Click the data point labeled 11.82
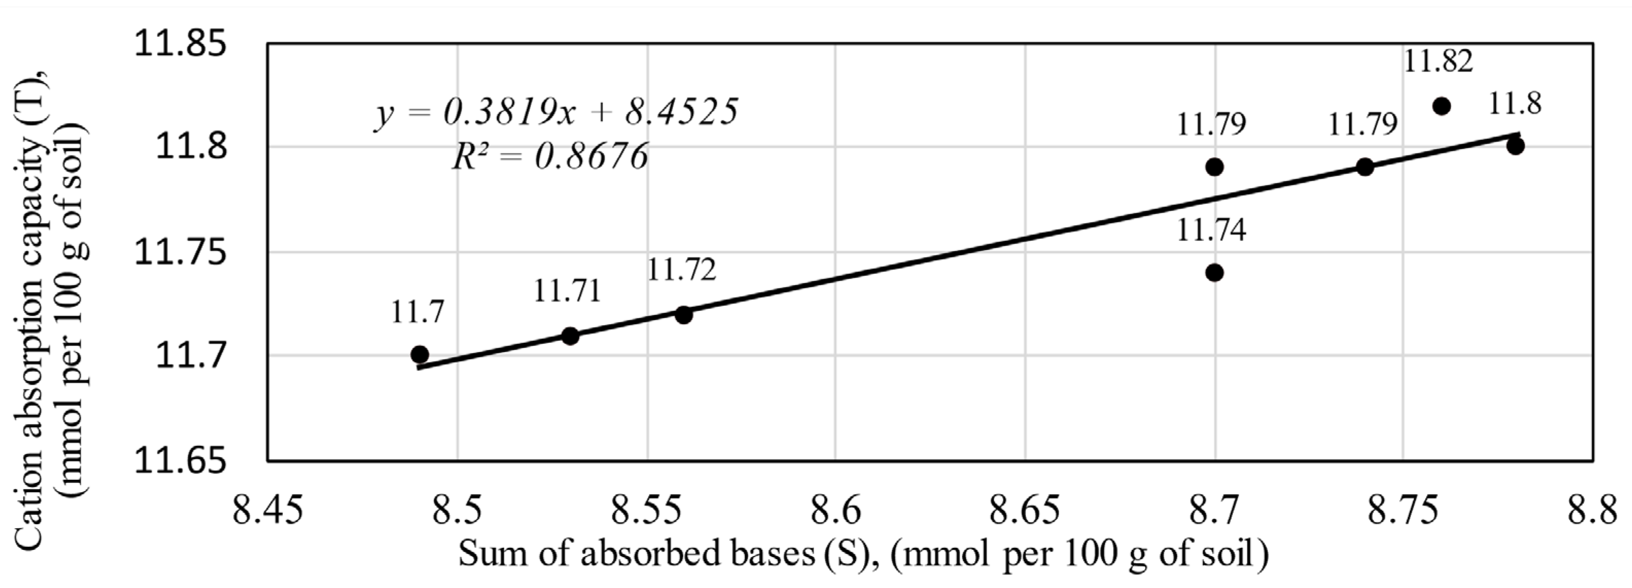(x=1441, y=106)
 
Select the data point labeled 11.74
(x=1214, y=273)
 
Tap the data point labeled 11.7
(x=419, y=354)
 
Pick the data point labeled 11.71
(x=570, y=336)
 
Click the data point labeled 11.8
(x=1515, y=146)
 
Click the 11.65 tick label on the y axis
(x=181, y=461)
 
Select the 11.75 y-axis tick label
(x=181, y=253)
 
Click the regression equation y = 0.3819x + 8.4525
(x=556, y=113)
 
